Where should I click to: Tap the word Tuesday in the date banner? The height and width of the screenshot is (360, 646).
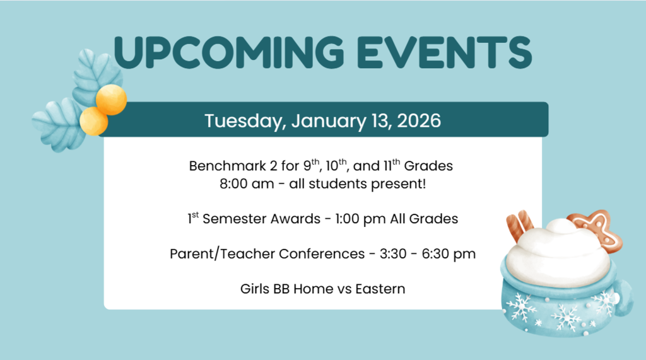tap(244, 120)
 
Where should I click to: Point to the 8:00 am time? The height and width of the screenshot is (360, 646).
tap(237, 185)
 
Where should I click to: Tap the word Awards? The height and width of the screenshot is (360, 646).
tap(300, 219)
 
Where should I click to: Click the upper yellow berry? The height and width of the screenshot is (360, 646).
tap(112, 100)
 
